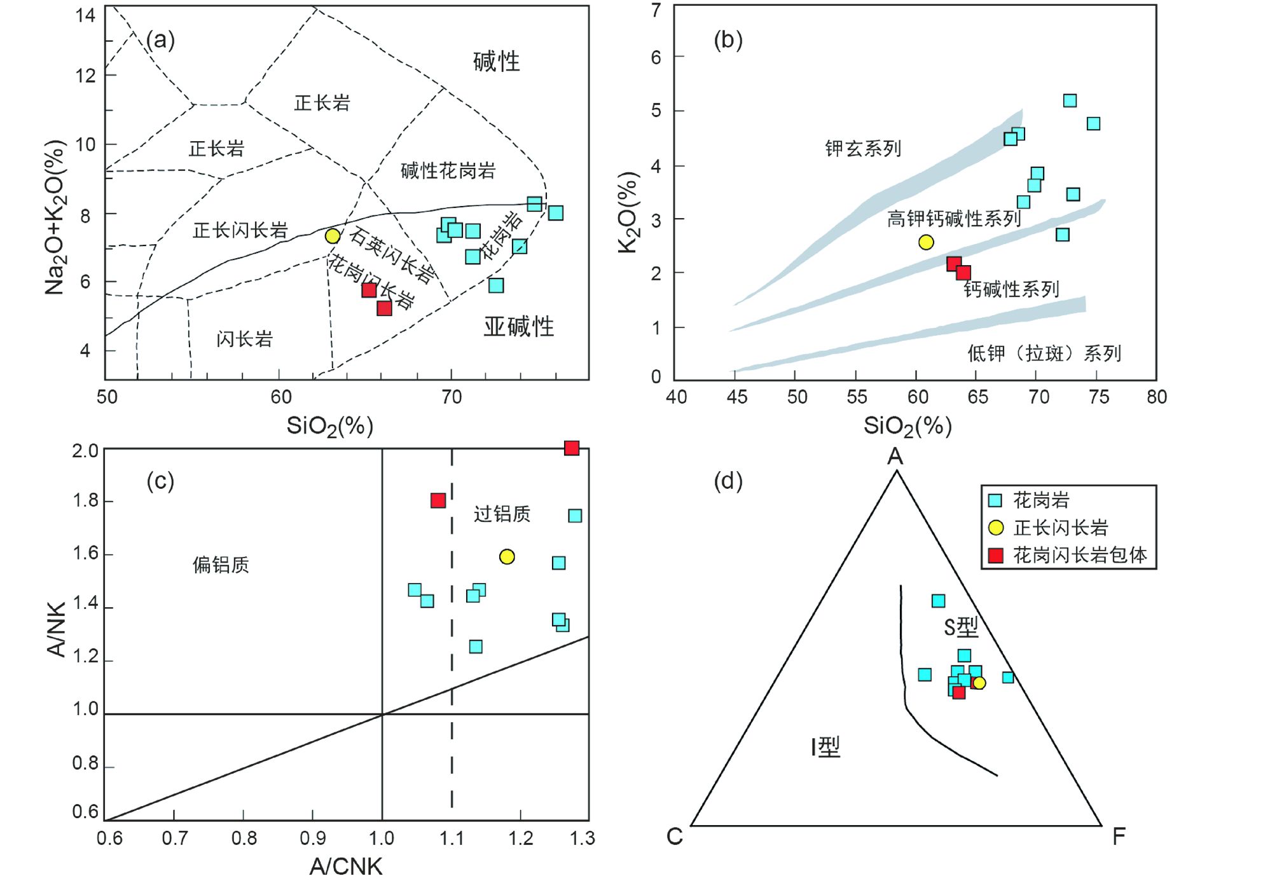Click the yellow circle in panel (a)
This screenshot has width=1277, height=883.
pyautogui.click(x=333, y=236)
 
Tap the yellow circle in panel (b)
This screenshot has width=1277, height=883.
pyautogui.click(x=926, y=242)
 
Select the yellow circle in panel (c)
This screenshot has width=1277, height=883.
pyautogui.click(x=507, y=557)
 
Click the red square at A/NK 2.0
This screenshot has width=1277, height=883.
pyautogui.click(x=572, y=448)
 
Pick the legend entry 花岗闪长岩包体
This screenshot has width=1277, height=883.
pyautogui.click(x=1079, y=556)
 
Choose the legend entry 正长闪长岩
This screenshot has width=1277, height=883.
pyautogui.click(x=1060, y=528)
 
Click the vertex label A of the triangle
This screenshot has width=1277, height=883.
pyautogui.click(x=895, y=456)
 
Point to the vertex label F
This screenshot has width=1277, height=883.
pyautogui.click(x=1119, y=837)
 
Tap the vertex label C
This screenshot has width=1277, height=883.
pyautogui.click(x=675, y=837)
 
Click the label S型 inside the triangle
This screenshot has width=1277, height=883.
pyautogui.click(x=961, y=628)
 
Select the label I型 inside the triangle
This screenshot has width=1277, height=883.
pyautogui.click(x=825, y=747)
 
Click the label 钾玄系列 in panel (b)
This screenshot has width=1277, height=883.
pyautogui.click(x=863, y=149)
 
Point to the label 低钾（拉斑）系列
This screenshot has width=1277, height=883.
pyautogui.click(x=1044, y=353)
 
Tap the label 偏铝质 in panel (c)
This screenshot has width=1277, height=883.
pyautogui.click(x=221, y=565)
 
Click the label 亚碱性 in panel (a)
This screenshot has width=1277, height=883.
pyautogui.click(x=518, y=327)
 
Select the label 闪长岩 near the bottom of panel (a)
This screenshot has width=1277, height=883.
pyautogui.click(x=244, y=339)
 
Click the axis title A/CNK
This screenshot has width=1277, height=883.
pyautogui.click(x=346, y=866)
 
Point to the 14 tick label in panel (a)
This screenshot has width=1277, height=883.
pyautogui.click(x=85, y=15)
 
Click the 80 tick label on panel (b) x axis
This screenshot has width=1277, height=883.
pyautogui.click(x=1156, y=397)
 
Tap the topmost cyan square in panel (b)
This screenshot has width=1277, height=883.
pyautogui.click(x=1070, y=100)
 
